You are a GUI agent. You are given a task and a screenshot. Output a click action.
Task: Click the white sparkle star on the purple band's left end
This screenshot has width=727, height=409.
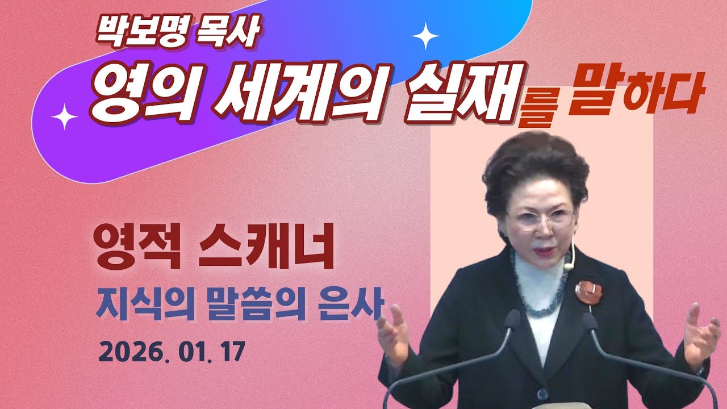coord(64,117)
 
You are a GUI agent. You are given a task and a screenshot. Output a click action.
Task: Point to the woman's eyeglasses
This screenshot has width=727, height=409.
coord(540,218)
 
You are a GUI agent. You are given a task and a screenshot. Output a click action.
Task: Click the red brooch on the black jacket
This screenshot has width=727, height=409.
coord(588,291)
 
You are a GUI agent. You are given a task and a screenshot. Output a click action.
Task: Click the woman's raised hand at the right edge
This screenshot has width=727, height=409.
coord(700,332)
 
